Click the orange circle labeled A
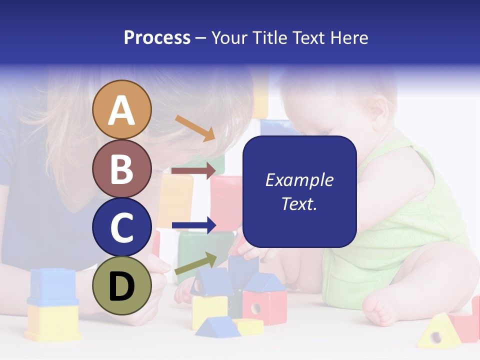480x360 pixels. pyautogui.click(x=121, y=109)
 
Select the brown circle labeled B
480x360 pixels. pyautogui.click(x=121, y=168)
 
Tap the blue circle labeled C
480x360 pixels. pyautogui.click(x=121, y=227)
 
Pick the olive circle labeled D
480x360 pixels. pyautogui.click(x=121, y=285)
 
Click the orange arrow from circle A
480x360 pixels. pyautogui.click(x=195, y=128)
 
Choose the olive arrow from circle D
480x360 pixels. pyautogui.click(x=195, y=263)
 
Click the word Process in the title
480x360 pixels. pyautogui.click(x=157, y=38)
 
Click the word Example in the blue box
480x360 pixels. pyautogui.click(x=299, y=180)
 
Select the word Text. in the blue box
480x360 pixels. pyautogui.click(x=299, y=203)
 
